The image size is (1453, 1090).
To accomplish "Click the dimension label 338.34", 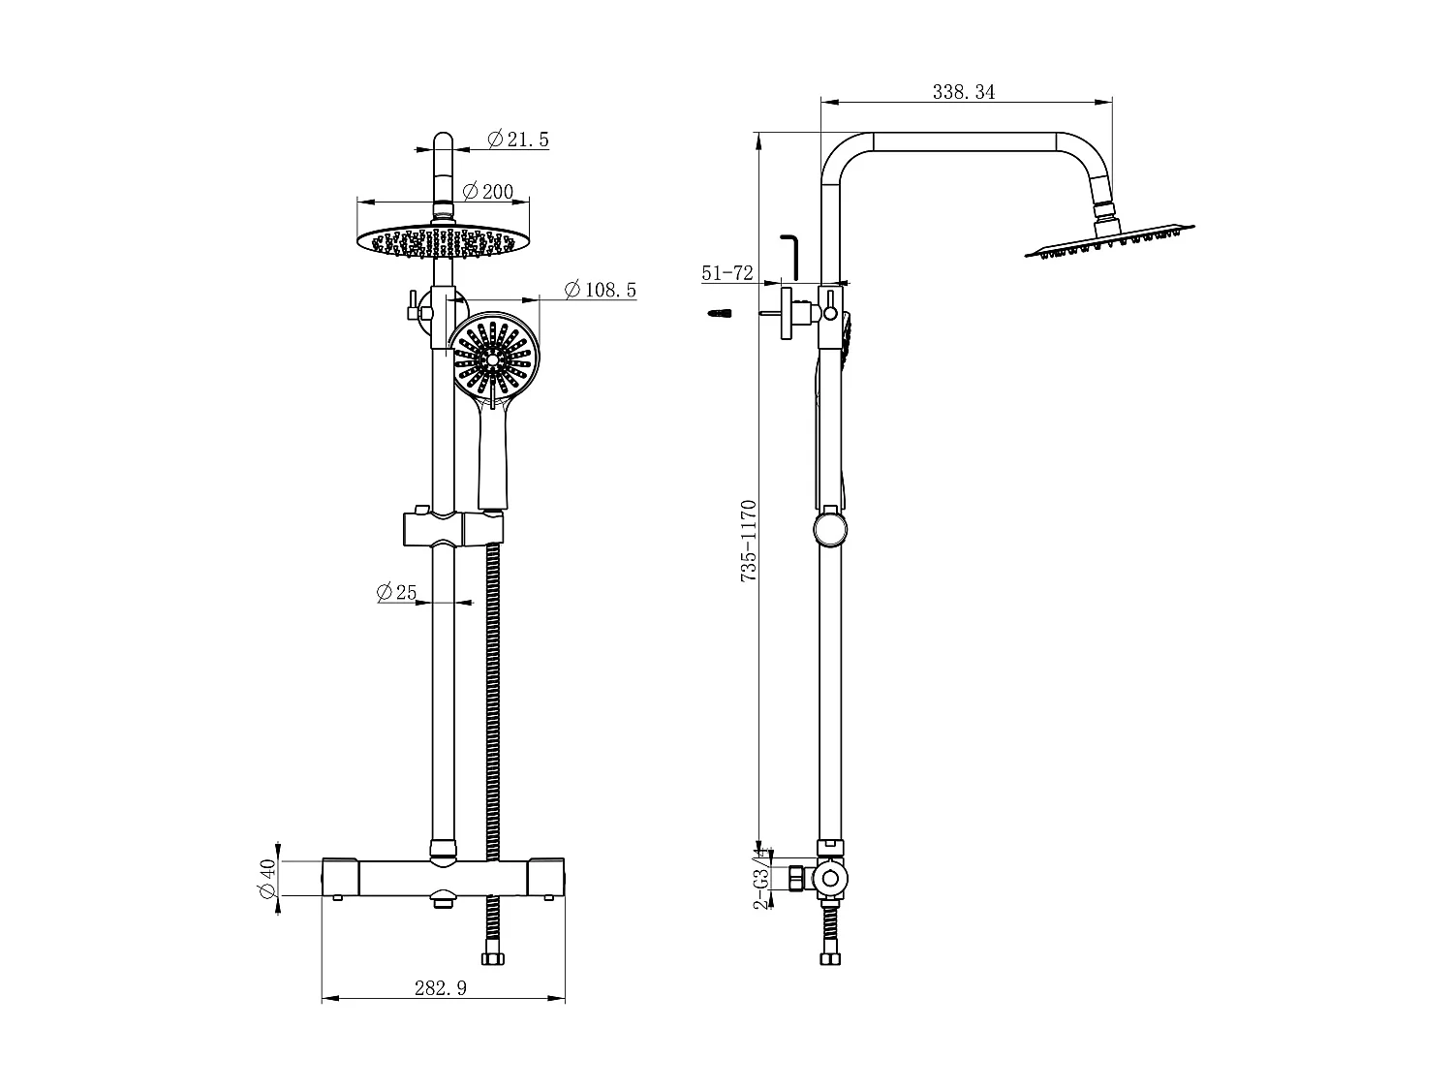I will [x=963, y=92].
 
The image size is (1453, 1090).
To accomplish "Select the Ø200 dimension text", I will [x=488, y=192].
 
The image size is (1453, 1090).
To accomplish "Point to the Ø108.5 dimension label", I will [x=600, y=290].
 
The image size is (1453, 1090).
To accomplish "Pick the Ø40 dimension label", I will [x=268, y=878].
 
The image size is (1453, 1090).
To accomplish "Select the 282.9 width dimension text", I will [x=441, y=988].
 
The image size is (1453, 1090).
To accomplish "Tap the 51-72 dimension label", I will [x=726, y=273].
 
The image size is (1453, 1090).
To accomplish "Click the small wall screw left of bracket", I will [x=720, y=313].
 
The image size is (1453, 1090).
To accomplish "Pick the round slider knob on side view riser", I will [x=830, y=530].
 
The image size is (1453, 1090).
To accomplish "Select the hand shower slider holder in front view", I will [x=452, y=528].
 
